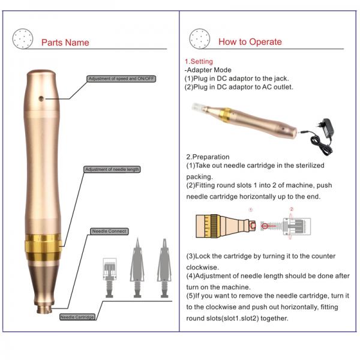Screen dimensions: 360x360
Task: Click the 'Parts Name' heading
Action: point(65,43)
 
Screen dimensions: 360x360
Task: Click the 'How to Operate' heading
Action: point(250,42)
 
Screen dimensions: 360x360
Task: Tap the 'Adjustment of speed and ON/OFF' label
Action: point(122,79)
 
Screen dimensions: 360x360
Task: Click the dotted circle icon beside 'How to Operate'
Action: point(199,39)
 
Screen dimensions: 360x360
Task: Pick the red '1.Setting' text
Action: point(199,61)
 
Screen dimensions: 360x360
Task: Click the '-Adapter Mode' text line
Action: point(208,70)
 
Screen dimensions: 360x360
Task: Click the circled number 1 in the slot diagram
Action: point(251,211)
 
